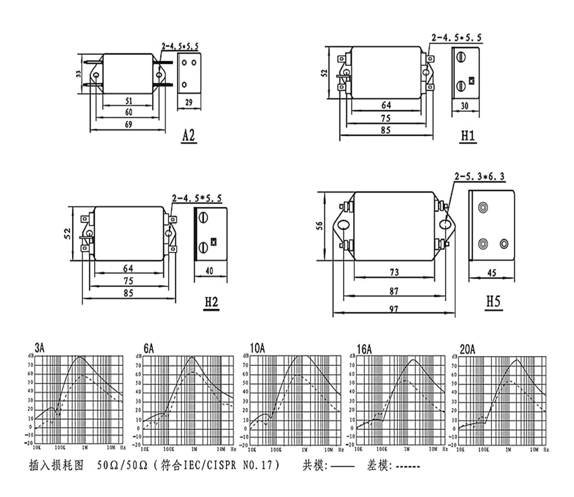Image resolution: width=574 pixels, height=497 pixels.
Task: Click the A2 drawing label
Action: (x=189, y=136)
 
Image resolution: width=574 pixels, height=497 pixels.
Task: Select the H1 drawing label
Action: (x=468, y=136)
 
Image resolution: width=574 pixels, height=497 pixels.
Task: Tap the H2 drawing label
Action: (x=211, y=302)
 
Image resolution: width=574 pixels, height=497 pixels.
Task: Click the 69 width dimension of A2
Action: (x=128, y=124)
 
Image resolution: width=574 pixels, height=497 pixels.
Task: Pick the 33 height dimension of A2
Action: (x=78, y=74)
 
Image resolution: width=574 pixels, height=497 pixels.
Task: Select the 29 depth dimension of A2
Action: (x=189, y=102)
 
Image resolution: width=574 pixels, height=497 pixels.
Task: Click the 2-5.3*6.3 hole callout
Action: (x=479, y=177)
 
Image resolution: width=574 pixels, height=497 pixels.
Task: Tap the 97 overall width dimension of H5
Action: (x=394, y=309)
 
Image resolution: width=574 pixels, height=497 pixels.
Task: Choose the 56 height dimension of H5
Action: (x=320, y=226)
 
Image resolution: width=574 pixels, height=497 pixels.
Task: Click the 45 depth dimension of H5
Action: (x=492, y=273)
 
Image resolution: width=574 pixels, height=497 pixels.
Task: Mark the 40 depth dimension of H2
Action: (x=209, y=271)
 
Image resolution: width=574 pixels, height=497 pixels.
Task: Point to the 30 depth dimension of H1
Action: (x=465, y=106)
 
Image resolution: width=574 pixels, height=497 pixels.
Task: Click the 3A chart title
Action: (x=39, y=348)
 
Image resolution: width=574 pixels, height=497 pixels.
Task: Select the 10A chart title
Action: (x=257, y=348)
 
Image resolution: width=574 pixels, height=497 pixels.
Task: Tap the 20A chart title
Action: (x=467, y=349)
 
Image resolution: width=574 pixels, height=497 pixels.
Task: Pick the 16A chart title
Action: (x=364, y=349)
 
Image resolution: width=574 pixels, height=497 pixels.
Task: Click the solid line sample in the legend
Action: (x=342, y=466)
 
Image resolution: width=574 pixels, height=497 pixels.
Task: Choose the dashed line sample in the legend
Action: (x=408, y=466)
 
